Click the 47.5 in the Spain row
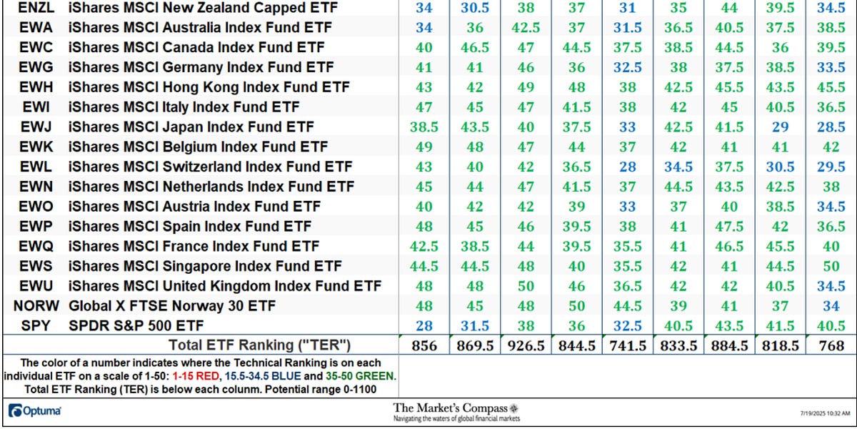(731, 227)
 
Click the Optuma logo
(34, 411)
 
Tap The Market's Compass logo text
(456, 408)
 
